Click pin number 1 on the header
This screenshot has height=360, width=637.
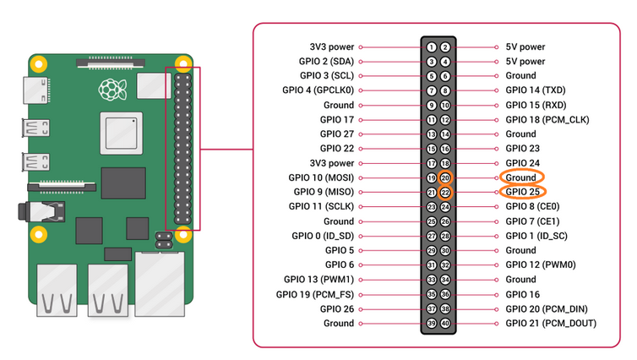(x=432, y=47)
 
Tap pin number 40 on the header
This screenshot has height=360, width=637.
(x=446, y=324)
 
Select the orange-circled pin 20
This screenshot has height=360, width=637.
(x=446, y=177)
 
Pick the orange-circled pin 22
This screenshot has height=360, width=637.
(x=446, y=193)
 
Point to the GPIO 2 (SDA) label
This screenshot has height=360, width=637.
(x=325, y=62)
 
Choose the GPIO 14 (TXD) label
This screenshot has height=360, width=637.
(x=536, y=90)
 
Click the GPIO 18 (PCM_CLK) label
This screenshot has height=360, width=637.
(x=546, y=120)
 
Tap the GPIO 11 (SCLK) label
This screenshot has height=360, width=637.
(x=321, y=206)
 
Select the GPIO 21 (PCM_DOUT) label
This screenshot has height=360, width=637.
(x=550, y=324)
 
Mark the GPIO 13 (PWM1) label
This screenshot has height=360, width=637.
(x=319, y=280)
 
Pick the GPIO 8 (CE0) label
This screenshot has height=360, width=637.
(x=532, y=206)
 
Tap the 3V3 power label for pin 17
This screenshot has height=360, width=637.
(x=331, y=163)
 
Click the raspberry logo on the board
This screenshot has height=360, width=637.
(x=110, y=88)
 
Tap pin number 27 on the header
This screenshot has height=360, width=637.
(x=432, y=236)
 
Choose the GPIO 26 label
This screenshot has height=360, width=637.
(x=337, y=308)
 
